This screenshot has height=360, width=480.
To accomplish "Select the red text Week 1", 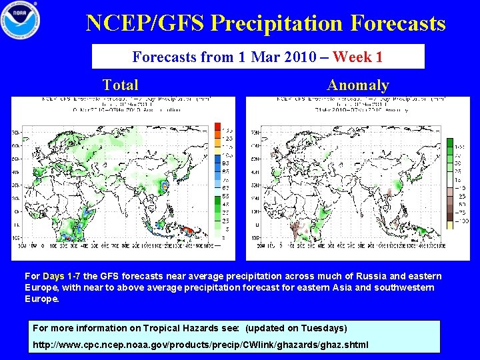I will click(357, 57).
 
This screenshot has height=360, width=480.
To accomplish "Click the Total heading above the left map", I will click(120, 85).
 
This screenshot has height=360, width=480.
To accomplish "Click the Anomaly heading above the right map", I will click(357, 85).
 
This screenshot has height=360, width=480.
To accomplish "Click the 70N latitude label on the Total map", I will click(15, 133).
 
